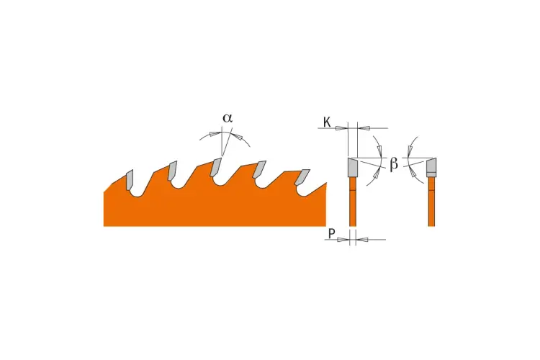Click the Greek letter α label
[228, 118]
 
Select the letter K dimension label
[327, 122]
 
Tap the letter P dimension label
[331, 234]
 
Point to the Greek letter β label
[394, 164]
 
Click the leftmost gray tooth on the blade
[130, 179]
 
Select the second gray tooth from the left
[172, 170]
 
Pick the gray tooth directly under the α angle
[215, 167]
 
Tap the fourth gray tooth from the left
[259, 169]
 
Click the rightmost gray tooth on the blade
[302, 177]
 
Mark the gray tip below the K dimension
[353, 167]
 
